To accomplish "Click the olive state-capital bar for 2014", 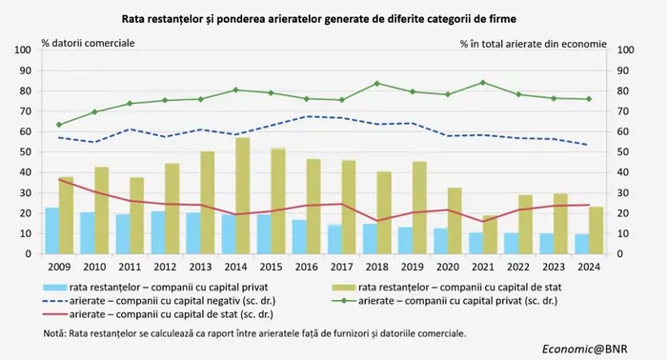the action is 243,195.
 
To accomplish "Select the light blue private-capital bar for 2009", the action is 51,230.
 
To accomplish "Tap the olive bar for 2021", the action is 490,234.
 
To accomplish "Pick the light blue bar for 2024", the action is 582,244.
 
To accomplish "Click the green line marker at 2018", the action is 377,83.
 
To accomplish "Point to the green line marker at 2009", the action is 59,125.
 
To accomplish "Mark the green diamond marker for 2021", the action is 483,83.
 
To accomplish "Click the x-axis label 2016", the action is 306,267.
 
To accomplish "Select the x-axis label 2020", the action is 448,267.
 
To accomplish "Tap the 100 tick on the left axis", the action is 23,50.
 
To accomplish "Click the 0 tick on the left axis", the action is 28,254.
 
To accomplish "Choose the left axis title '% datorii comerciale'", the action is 88,44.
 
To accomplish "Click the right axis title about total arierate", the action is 534,44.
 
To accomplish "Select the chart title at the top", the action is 319,19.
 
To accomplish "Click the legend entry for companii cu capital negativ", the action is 159,301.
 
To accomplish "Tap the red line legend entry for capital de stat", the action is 158,314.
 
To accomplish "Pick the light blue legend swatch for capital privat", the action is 55,288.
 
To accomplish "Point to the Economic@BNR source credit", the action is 584,349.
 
